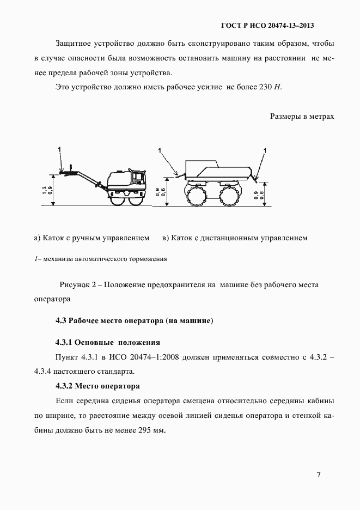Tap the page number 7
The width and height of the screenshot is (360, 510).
click(x=319, y=475)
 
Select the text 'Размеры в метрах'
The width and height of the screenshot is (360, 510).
click(x=302, y=116)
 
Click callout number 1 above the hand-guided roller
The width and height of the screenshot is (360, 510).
click(x=61, y=148)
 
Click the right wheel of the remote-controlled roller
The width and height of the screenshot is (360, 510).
click(x=229, y=195)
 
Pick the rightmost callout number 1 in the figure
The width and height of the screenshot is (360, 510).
click(x=265, y=149)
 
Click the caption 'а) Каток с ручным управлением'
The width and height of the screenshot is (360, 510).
click(x=91, y=238)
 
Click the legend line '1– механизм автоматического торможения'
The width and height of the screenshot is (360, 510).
click(x=100, y=259)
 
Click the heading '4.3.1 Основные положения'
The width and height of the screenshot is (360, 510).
click(x=107, y=343)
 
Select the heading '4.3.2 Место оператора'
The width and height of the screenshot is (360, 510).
click(x=97, y=386)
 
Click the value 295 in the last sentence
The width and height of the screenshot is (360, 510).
click(x=139, y=429)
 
